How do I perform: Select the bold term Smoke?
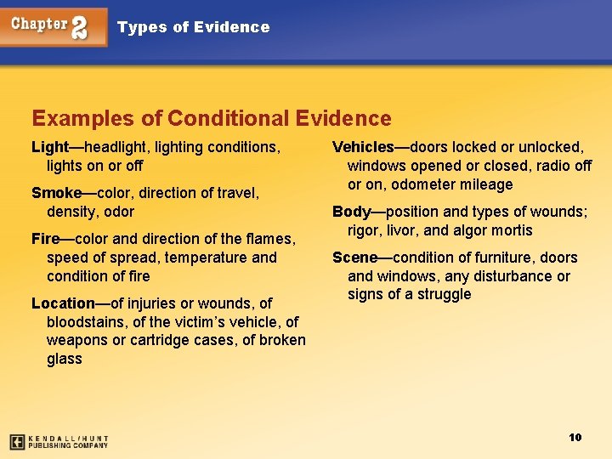55,193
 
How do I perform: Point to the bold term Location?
63,303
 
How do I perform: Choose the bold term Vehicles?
364,147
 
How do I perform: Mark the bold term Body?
351,212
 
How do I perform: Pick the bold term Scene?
354,258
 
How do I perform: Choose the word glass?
65,359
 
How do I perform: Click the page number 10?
575,437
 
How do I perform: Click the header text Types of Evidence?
193,27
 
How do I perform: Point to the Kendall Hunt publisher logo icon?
17,441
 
